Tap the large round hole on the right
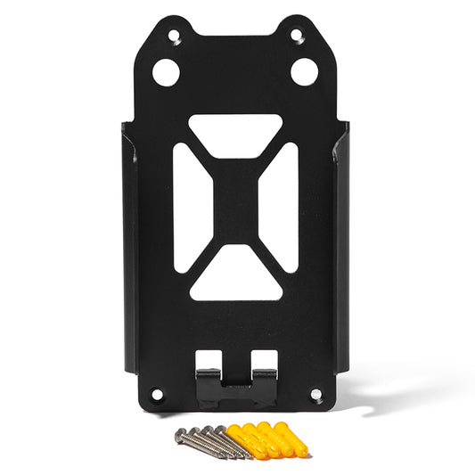coord(305,72)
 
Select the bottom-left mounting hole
coord(158,393)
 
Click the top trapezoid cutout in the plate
coord(235,129)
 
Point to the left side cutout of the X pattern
coord(186,207)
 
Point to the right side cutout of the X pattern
coord(284,207)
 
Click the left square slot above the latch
coord(209,359)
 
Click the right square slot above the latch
coord(262,359)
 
